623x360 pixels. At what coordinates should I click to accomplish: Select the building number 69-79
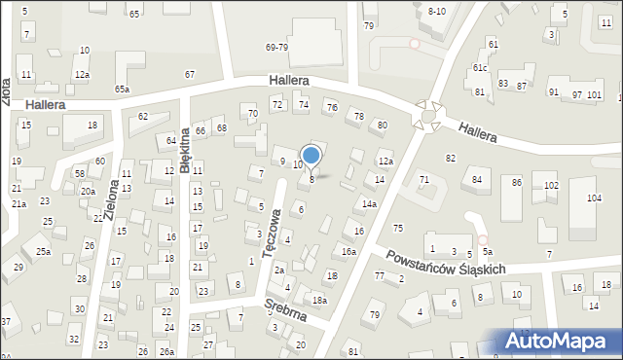pyautogui.click(x=276, y=47)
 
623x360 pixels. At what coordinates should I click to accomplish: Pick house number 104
pyautogui.click(x=594, y=198)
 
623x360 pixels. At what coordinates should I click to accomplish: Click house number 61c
pyautogui.click(x=480, y=67)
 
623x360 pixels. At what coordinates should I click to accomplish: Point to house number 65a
pyautogui.click(x=122, y=89)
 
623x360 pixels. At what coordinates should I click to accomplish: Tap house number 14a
pyautogui.click(x=369, y=203)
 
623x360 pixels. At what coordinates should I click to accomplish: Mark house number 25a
pyautogui.click(x=43, y=251)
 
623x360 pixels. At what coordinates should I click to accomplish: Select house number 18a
pyautogui.click(x=318, y=301)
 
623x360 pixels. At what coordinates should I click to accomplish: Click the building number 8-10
pyautogui.click(x=437, y=11)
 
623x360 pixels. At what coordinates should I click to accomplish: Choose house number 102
pyautogui.click(x=551, y=185)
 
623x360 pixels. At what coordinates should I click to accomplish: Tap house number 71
pyautogui.click(x=424, y=179)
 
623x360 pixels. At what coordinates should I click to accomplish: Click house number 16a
pyautogui.click(x=348, y=251)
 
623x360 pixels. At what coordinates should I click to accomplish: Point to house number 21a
pyautogui.click(x=18, y=204)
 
